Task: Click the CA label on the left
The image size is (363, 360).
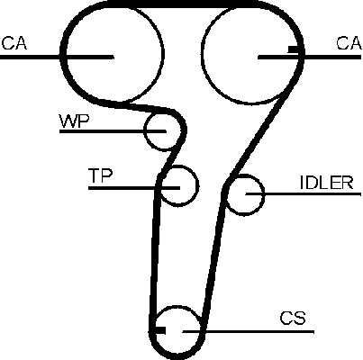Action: click(x=14, y=43)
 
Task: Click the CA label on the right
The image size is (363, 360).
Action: click(x=349, y=43)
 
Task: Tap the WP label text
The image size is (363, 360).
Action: click(x=75, y=121)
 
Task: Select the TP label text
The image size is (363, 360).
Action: click(x=100, y=175)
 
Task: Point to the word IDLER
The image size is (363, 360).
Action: click(x=326, y=183)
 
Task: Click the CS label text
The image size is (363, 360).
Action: click(x=293, y=319)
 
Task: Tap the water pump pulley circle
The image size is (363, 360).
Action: click(x=145, y=131)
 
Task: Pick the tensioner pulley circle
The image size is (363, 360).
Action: click(x=198, y=185)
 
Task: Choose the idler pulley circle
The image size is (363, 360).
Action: click(x=264, y=195)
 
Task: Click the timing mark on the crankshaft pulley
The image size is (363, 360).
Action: click(x=160, y=330)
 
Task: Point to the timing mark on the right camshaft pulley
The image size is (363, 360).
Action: click(x=294, y=49)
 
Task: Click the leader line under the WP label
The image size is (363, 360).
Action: click(x=113, y=131)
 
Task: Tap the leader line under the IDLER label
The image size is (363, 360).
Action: click(x=304, y=194)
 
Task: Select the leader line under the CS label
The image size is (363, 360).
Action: click(x=249, y=332)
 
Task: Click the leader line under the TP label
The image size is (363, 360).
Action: click(x=134, y=188)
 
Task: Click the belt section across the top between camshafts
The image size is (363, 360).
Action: click(x=180, y=4)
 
